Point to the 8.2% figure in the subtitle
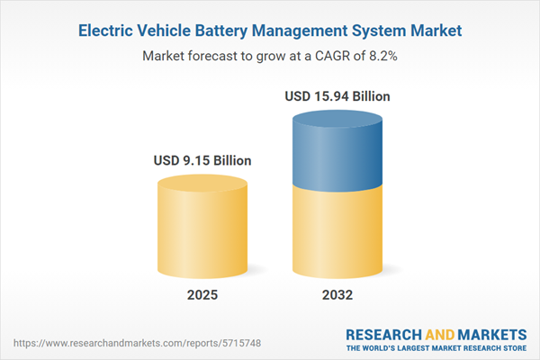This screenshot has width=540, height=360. click(x=383, y=56)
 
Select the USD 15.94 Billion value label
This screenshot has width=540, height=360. click(x=338, y=95)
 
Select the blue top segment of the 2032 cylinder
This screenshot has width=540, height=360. click(x=338, y=148)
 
